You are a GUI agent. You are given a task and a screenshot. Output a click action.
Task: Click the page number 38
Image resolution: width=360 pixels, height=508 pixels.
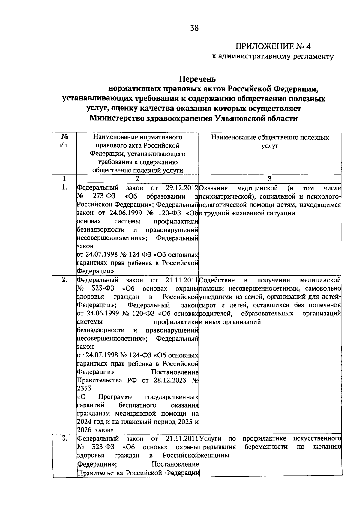click(194, 28)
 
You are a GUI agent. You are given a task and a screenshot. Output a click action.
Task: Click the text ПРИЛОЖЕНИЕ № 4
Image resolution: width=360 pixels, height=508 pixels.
click(273, 46)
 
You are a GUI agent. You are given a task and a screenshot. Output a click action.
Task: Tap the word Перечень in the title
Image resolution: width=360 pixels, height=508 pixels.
click(197, 79)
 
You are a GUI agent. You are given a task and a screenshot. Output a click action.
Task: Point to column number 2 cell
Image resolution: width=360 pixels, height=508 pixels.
click(137, 179)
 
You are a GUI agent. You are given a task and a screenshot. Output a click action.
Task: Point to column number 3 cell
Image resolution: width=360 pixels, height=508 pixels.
click(270, 179)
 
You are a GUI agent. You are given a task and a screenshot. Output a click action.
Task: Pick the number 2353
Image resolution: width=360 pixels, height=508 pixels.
click(84, 388)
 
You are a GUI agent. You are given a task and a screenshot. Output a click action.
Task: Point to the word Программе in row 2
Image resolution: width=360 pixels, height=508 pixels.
click(115, 397)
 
